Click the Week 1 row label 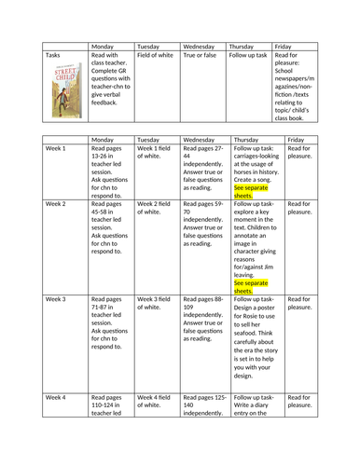56,147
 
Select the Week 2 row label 56,203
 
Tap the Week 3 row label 56,298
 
